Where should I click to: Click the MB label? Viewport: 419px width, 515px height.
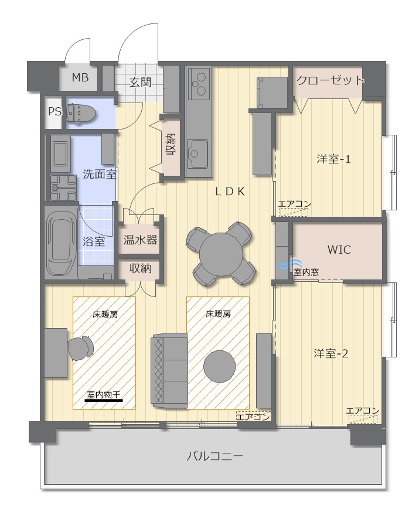click(80, 78)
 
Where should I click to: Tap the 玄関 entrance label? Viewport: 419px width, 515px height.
click(140, 82)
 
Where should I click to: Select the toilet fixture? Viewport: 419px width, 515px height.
click(81, 113)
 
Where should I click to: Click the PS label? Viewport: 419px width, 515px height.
click(54, 112)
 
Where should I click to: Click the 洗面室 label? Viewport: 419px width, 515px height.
click(100, 174)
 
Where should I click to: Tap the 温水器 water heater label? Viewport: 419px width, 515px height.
click(140, 240)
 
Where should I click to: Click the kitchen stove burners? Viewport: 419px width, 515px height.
click(199, 83)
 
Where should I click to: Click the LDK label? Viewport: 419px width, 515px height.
click(230, 192)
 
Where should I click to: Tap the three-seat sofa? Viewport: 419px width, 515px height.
click(169, 370)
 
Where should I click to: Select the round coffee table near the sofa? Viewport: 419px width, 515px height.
click(220, 367)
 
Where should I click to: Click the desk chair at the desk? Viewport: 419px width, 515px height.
click(80, 348)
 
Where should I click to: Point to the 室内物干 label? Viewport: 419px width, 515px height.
click(104, 394)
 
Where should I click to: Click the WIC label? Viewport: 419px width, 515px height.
click(339, 250)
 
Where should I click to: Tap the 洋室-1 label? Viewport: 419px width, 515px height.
click(333, 159)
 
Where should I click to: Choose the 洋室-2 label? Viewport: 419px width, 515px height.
click(331, 353)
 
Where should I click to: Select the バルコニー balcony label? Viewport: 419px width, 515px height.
click(215, 456)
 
